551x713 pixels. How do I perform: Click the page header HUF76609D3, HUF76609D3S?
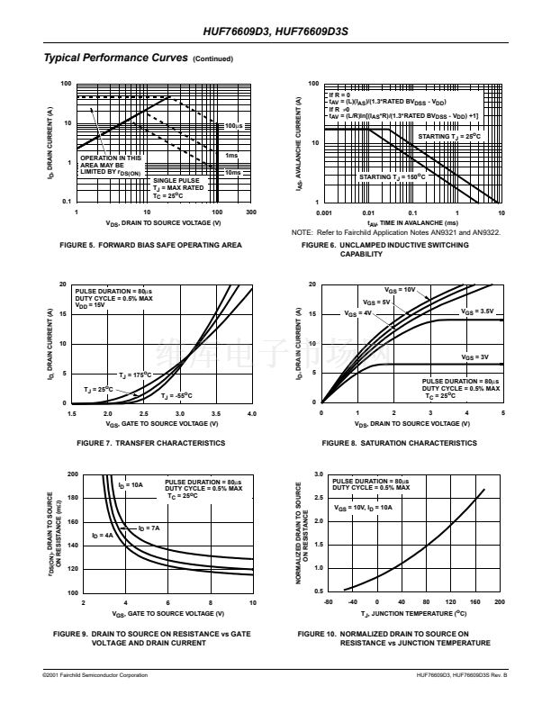275,32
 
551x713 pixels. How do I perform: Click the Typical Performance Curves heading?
115,59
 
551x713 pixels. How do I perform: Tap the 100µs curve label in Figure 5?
233,126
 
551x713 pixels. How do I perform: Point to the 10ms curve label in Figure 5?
232,172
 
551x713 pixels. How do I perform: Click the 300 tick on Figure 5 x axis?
251,212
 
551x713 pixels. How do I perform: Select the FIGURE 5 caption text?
150,245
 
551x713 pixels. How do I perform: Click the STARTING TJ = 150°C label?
392,177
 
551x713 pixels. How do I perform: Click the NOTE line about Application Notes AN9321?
396,232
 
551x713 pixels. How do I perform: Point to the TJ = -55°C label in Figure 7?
176,396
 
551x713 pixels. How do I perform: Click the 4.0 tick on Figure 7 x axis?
251,413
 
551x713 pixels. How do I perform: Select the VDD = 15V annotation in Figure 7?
90,305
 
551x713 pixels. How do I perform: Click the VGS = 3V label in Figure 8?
474,357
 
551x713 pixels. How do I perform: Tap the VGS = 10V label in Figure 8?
400,290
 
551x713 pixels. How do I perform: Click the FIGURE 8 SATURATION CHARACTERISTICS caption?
399,443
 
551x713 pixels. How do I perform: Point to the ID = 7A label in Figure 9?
149,528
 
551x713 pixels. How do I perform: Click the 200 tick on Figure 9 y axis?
72,474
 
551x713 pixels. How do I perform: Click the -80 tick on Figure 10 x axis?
328,601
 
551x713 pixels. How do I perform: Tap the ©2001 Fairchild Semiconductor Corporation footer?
95,674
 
